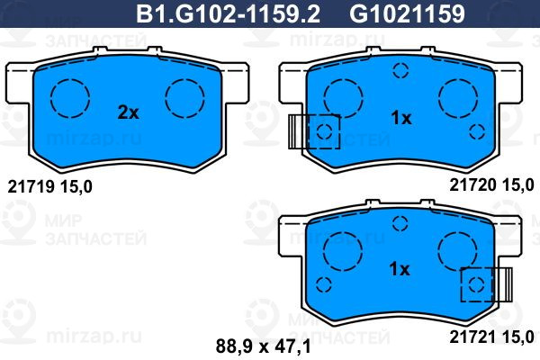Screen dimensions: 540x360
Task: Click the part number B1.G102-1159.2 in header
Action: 228,13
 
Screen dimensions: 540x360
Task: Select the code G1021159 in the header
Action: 407,13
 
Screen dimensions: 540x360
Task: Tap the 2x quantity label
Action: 128,112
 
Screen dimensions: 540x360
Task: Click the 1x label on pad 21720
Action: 401,119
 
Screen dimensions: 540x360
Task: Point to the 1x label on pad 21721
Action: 400,269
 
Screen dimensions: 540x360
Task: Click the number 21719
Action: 31,187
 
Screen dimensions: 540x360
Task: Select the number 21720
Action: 472,185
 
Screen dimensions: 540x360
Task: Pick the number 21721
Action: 472,337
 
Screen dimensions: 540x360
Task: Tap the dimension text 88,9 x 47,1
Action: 264,346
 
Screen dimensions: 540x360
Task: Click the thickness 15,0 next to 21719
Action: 76,187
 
